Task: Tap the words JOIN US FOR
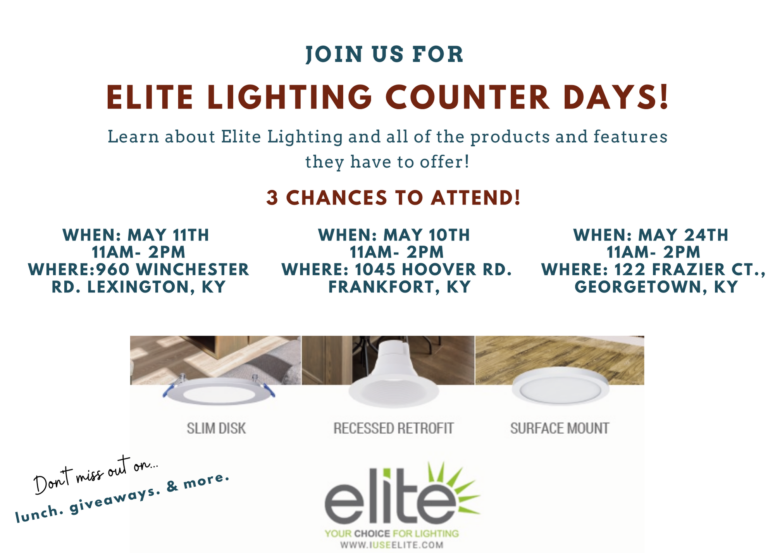click(x=385, y=54)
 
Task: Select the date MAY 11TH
click(x=168, y=235)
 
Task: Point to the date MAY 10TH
click(x=426, y=235)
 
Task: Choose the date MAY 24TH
click(x=683, y=235)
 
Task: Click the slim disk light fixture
click(x=219, y=392)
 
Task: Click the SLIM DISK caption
click(x=216, y=428)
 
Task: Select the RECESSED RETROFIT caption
click(x=393, y=428)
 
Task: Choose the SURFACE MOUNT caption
click(x=560, y=428)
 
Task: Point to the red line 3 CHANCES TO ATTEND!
click(x=393, y=197)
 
